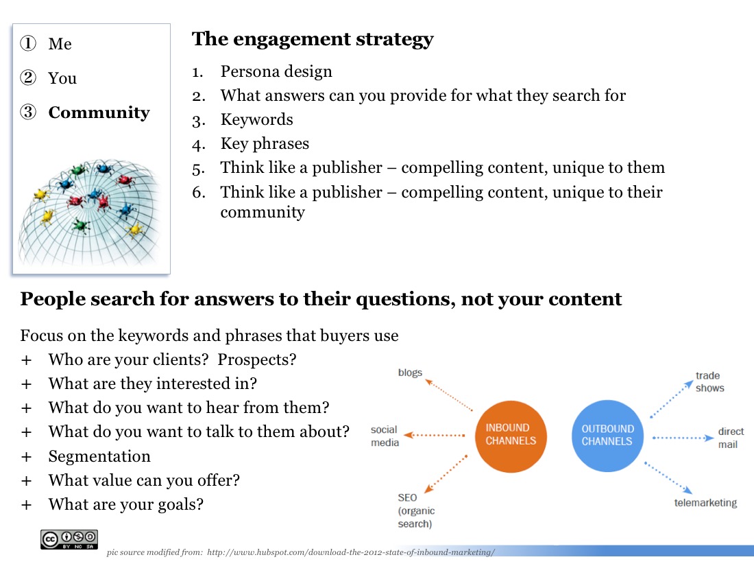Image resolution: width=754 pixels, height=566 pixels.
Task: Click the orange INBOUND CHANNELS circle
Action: (511, 436)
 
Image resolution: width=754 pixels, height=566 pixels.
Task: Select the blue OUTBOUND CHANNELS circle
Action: (607, 436)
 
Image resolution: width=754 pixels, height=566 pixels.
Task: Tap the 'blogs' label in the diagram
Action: (410, 373)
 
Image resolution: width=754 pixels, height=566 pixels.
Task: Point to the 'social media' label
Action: (385, 436)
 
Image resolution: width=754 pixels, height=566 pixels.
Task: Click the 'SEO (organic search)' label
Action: (416, 510)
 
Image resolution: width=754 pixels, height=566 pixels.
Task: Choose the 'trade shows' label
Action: (709, 381)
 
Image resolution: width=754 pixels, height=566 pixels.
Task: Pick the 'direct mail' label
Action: (731, 438)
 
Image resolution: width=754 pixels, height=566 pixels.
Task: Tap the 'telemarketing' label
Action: (705, 503)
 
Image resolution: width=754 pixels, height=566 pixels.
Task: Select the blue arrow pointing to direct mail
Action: (683, 438)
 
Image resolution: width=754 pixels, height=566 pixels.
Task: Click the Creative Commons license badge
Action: (69, 539)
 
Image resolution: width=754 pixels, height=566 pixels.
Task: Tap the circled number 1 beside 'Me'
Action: (28, 43)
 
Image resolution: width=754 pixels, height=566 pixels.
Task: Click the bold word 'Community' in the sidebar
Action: (99, 113)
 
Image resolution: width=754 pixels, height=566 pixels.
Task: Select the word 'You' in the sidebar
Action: (62, 78)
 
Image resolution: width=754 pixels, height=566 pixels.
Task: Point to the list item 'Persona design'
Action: (276, 71)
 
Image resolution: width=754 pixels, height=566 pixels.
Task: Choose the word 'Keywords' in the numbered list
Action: (257, 119)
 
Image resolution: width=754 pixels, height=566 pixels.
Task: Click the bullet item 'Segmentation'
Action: (99, 456)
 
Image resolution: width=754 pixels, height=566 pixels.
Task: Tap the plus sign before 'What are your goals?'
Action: (27, 505)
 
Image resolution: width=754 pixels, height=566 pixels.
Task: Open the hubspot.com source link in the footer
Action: (350, 552)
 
